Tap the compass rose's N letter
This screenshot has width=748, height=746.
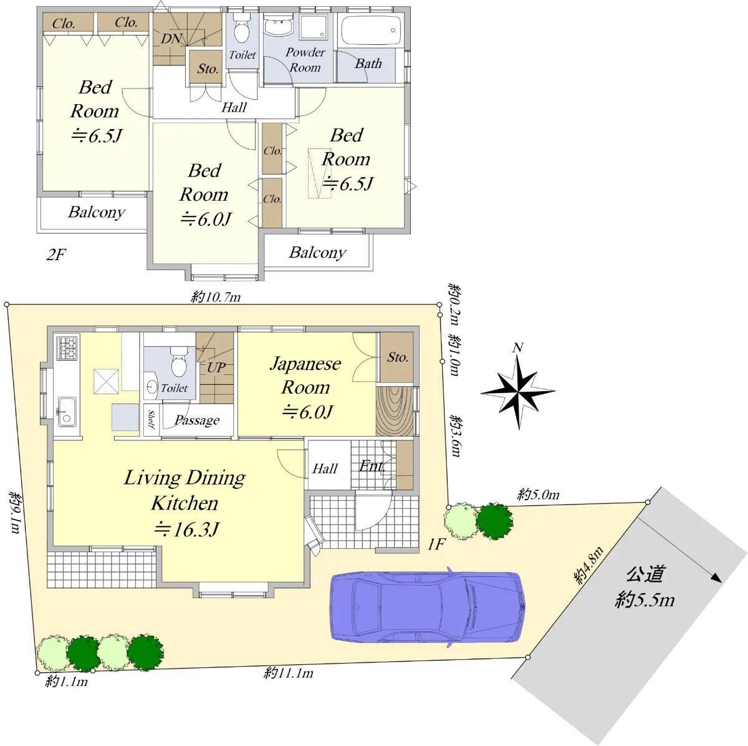click(517, 347)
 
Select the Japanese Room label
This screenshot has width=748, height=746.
click(305, 375)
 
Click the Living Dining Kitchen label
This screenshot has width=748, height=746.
click(185, 490)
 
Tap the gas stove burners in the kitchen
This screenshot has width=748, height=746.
click(67, 347)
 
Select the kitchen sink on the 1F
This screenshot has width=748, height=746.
click(66, 412)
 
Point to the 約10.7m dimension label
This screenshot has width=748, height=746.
click(216, 298)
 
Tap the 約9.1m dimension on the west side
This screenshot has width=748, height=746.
click(16, 511)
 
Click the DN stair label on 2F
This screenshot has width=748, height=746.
click(171, 39)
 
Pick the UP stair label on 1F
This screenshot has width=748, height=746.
click(216, 367)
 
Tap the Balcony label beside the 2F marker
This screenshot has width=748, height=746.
click(97, 212)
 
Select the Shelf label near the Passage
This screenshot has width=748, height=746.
click(151, 420)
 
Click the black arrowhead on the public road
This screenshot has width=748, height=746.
click(717, 578)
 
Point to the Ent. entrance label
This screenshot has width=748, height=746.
click(372, 466)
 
